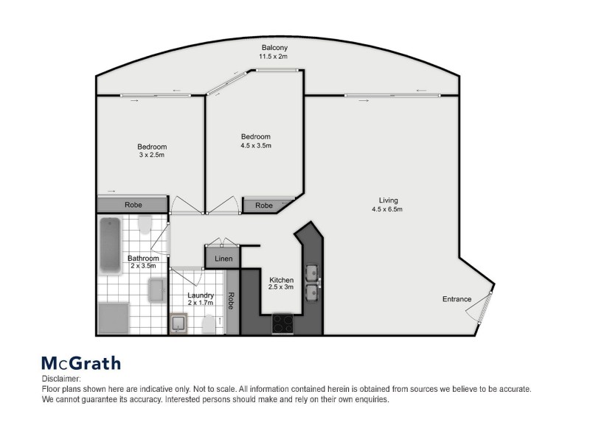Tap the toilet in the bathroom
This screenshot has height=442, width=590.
(x=145, y=223)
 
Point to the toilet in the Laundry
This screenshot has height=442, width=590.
(x=209, y=323)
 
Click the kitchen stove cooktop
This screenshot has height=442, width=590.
(x=284, y=322)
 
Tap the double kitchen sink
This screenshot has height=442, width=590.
(x=313, y=281)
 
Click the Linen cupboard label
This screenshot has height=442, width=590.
(x=224, y=259)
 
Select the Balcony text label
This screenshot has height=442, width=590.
(x=273, y=46)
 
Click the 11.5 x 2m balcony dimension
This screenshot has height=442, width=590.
(x=273, y=56)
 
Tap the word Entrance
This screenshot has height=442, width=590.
(x=457, y=298)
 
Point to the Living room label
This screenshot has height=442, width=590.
(x=388, y=200)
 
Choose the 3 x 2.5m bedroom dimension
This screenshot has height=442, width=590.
(x=151, y=155)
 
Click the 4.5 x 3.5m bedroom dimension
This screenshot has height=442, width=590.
(x=256, y=146)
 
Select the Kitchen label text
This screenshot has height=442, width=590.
(x=282, y=280)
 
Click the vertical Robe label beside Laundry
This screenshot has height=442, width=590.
(x=232, y=301)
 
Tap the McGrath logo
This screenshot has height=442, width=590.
(x=80, y=362)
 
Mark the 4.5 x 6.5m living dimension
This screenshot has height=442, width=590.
(x=388, y=210)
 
